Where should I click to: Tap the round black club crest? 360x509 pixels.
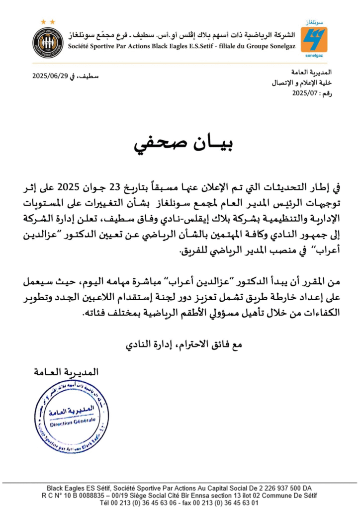(x=48, y=43)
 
